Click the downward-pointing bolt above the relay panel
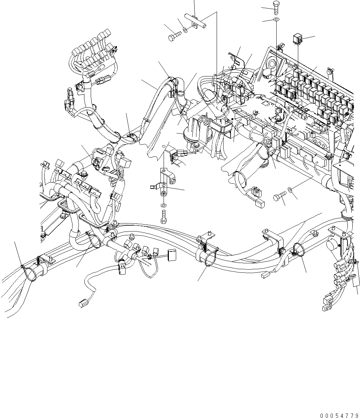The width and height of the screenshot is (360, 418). (x=276, y=7)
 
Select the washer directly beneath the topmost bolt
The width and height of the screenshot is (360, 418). (x=276, y=20)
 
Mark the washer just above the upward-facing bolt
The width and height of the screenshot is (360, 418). (x=163, y=205)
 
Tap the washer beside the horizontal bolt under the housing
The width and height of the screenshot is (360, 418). (x=290, y=190)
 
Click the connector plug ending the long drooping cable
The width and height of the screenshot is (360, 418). (x=83, y=303)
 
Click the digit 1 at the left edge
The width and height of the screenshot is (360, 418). (x=42, y=228)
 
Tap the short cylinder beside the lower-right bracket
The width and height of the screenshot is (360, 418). (x=332, y=246)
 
